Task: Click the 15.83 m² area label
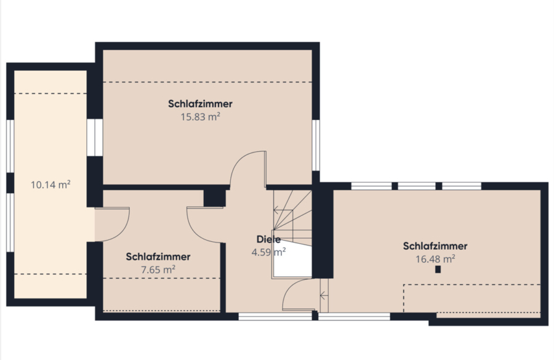click(x=200, y=116)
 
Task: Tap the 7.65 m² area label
click(x=158, y=270)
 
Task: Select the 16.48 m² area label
click(x=435, y=259)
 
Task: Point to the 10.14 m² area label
click(x=50, y=185)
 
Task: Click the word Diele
click(x=268, y=239)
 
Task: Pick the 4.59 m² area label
click(x=268, y=252)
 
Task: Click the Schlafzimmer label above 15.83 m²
click(x=200, y=104)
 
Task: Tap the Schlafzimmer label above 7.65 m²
click(x=158, y=257)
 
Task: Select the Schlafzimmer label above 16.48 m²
click(x=435, y=246)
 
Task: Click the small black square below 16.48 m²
click(x=438, y=270)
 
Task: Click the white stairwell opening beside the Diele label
click(x=292, y=260)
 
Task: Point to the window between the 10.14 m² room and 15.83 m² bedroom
click(x=95, y=137)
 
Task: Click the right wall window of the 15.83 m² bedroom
click(x=316, y=145)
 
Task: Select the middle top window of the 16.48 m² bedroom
click(x=417, y=186)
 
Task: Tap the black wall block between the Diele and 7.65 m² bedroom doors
click(x=214, y=198)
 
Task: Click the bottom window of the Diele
click(x=275, y=316)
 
